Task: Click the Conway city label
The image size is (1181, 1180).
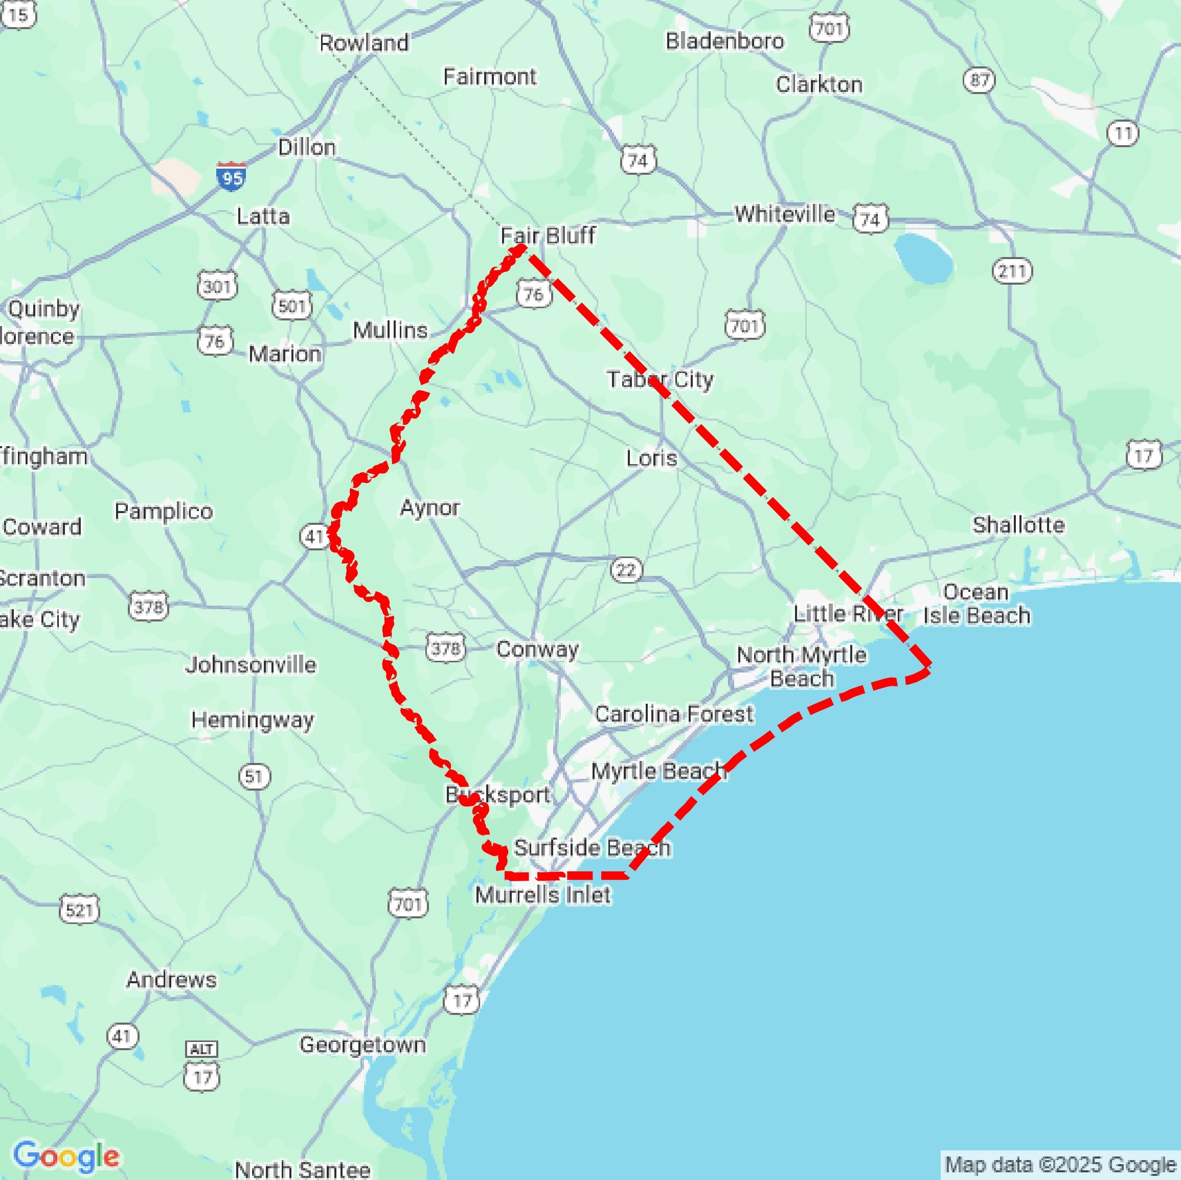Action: click(x=537, y=649)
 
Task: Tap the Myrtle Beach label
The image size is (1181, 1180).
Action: click(x=658, y=771)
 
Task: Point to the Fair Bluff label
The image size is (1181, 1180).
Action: click(x=547, y=235)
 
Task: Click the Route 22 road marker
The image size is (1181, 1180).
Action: click(x=626, y=570)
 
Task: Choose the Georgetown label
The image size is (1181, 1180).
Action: click(x=362, y=1045)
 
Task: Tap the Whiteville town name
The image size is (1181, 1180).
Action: click(x=784, y=214)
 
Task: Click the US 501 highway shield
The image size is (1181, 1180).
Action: click(x=291, y=305)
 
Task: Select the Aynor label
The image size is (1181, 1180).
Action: click(x=430, y=507)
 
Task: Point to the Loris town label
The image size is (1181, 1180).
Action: click(x=652, y=458)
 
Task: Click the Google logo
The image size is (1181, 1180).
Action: click(x=66, y=1156)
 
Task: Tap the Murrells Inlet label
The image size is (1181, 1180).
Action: click(x=543, y=895)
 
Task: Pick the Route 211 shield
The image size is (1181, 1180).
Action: click(x=1012, y=271)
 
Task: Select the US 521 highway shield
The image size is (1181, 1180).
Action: click(x=79, y=910)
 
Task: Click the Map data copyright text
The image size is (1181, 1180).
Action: click(x=1060, y=1165)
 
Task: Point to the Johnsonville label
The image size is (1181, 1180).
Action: click(x=251, y=664)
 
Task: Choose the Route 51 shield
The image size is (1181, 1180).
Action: click(x=254, y=776)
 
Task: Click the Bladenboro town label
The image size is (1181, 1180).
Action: click(x=724, y=41)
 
